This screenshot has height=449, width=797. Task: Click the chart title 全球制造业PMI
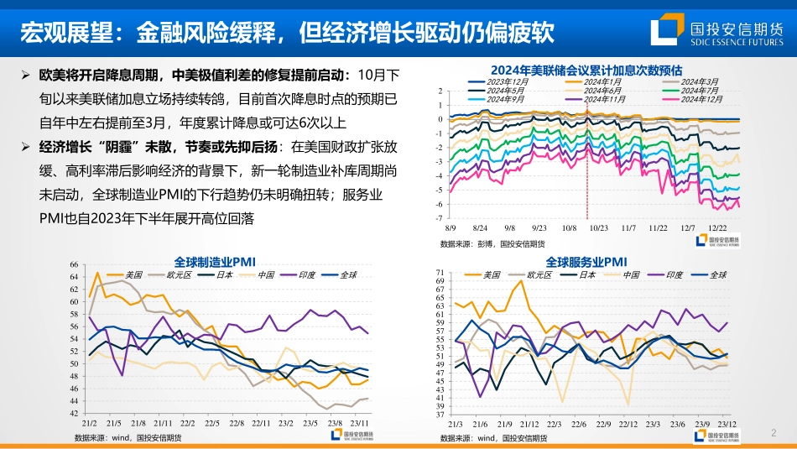(214, 261)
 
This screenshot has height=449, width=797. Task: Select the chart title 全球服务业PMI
(586, 262)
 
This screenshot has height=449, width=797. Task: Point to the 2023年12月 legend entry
(507, 81)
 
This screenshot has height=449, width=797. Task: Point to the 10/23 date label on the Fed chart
(599, 227)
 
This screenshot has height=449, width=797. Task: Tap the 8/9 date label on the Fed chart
(451, 227)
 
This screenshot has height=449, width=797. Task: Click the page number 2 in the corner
(773, 433)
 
